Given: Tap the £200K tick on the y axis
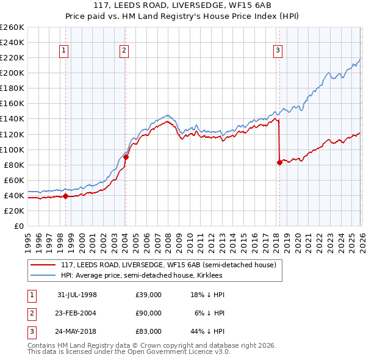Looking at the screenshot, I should pyautogui.click(x=12, y=73).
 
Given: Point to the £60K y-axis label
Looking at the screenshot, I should pyautogui.click(x=13, y=180).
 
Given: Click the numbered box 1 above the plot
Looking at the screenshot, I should pyautogui.click(x=64, y=51).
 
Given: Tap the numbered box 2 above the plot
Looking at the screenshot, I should pyautogui.click(x=124, y=51).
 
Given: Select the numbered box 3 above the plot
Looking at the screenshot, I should pyautogui.click(x=278, y=51).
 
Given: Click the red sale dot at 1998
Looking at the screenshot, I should pyautogui.click(x=66, y=196).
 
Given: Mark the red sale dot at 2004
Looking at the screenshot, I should pyautogui.click(x=126, y=157).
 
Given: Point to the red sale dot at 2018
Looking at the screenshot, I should pyautogui.click(x=279, y=162).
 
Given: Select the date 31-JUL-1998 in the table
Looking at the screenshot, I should pyautogui.click(x=77, y=295).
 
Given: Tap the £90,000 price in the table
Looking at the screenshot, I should pyautogui.click(x=148, y=313).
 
